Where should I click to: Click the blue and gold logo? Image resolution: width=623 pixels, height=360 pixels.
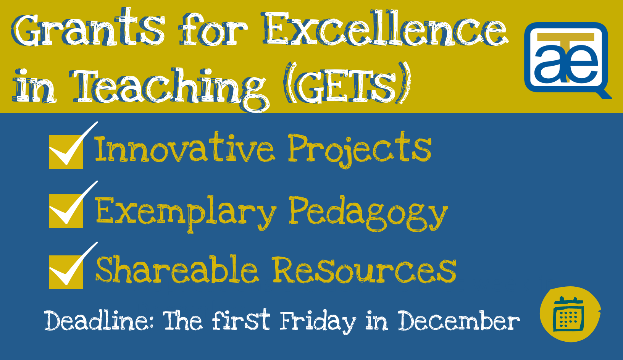pos(567,60)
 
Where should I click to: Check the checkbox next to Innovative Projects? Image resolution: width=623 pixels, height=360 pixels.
pos(66,152)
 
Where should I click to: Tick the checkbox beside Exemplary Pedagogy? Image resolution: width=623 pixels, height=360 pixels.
pos(66,211)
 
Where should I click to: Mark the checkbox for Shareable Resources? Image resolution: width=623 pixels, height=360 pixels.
pos(66,272)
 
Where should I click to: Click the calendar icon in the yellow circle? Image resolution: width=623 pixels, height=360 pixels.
pos(568,314)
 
